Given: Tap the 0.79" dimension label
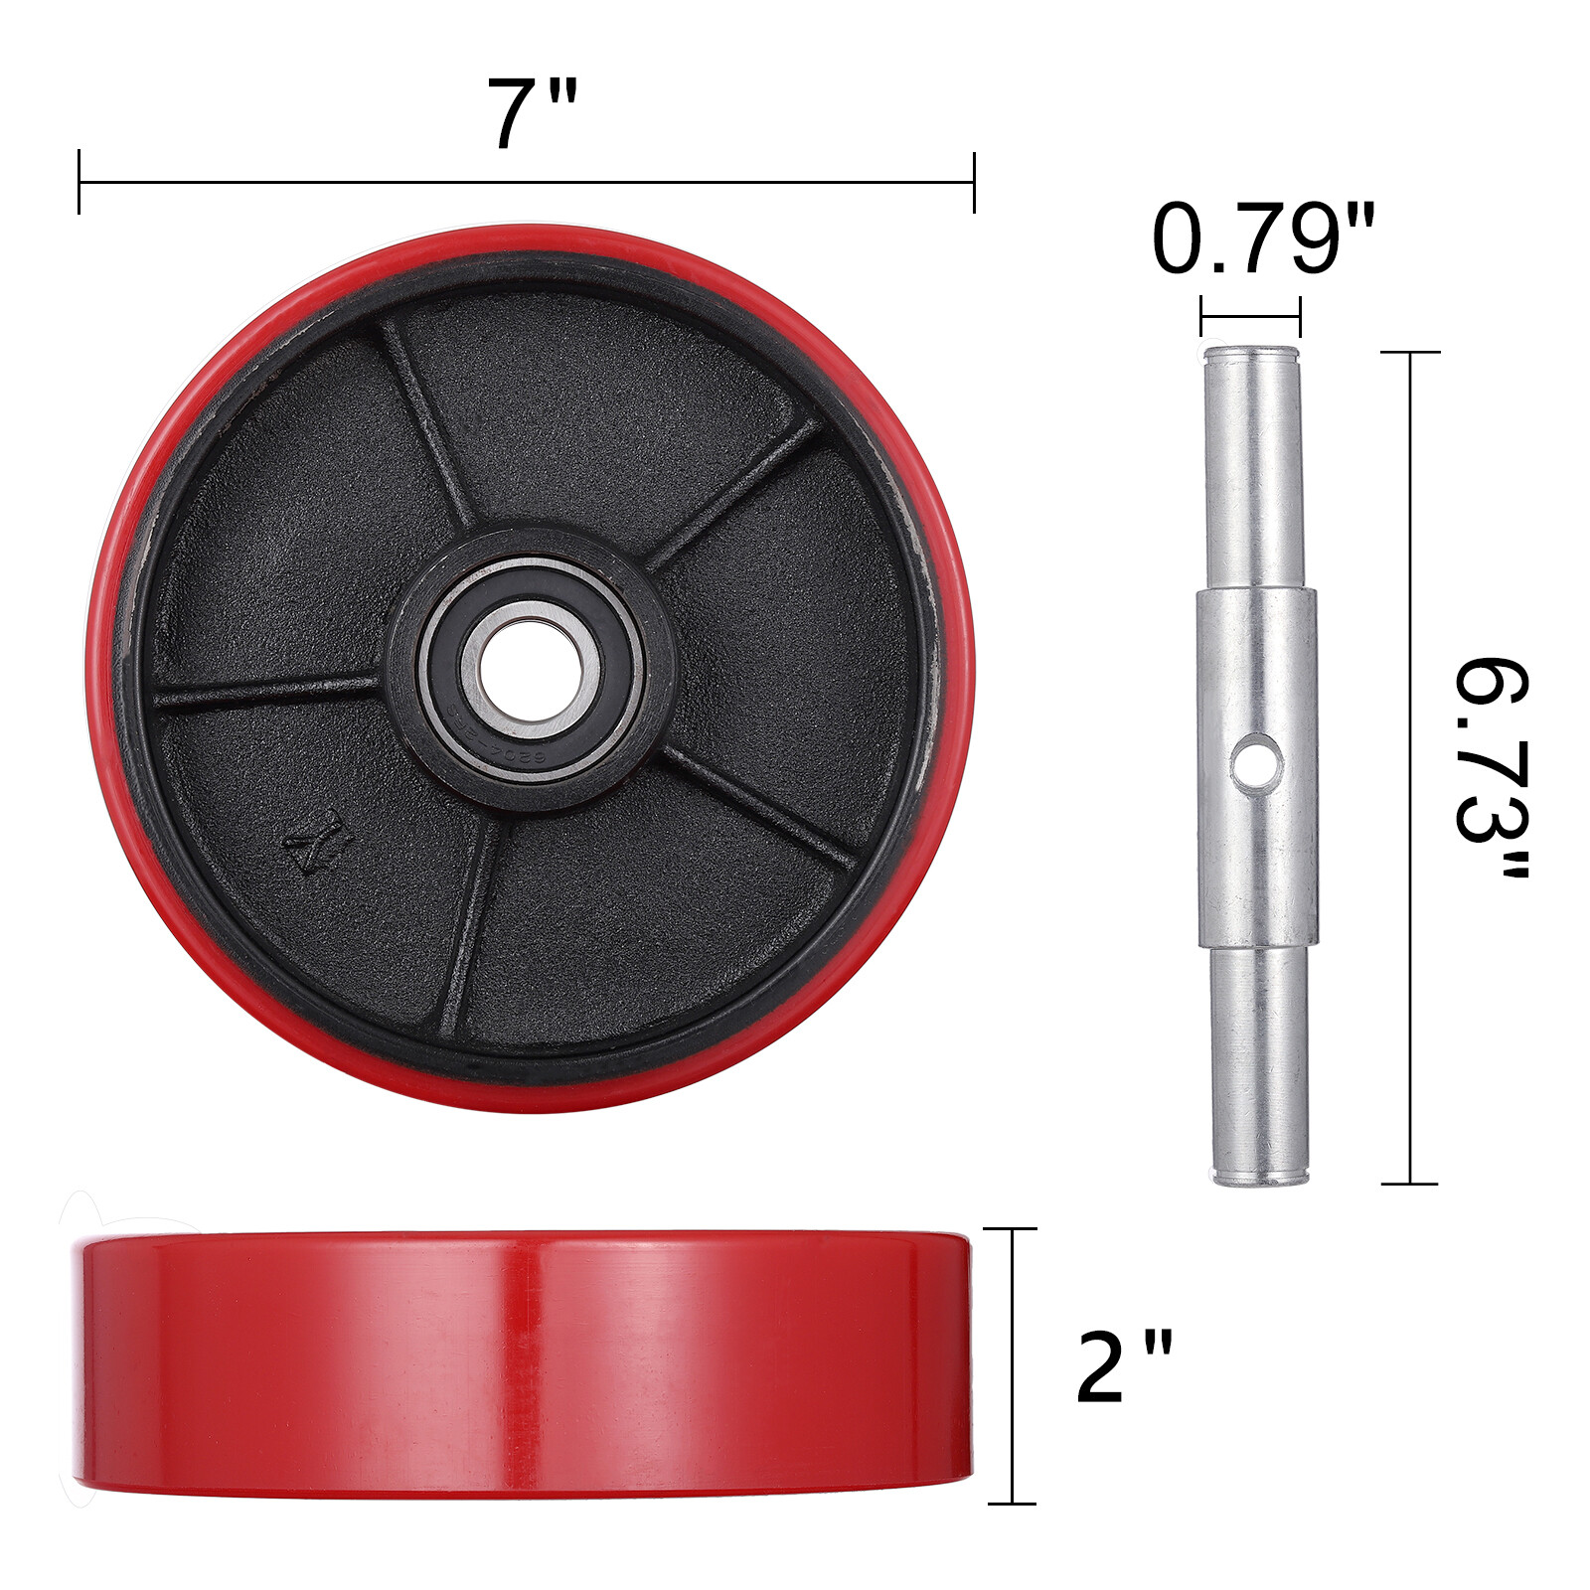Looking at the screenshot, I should point(1263,239).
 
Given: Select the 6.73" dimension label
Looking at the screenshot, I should point(1491,767).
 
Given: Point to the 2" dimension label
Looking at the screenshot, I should point(1124,1368).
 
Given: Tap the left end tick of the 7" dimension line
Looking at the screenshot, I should point(79,182).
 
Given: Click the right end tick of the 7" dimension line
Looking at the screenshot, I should point(974,182).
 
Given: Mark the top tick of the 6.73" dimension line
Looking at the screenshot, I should point(1410,352).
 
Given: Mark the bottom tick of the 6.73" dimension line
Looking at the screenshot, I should point(1410,1184).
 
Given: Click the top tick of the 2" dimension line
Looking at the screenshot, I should point(1012,1229).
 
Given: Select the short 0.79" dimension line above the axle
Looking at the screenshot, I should point(1250,317).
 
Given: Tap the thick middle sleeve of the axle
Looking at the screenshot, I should point(1257,765).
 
